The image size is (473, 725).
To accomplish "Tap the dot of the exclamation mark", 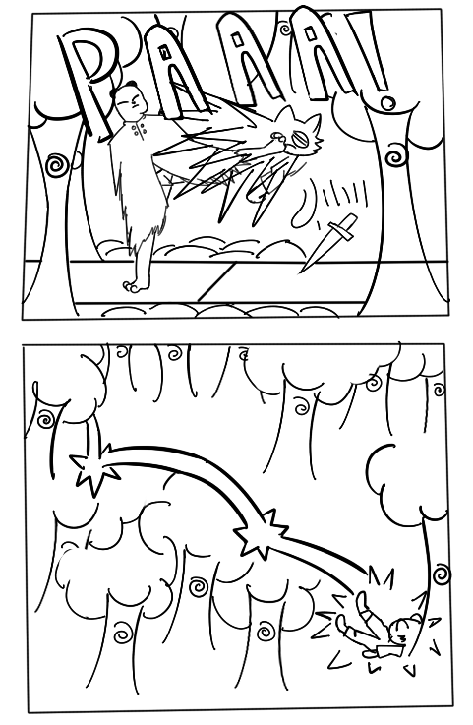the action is pyautogui.click(x=386, y=102).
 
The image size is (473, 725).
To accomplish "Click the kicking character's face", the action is pyautogui.click(x=128, y=102).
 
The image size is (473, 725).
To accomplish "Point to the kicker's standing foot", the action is pyautogui.click(x=135, y=285).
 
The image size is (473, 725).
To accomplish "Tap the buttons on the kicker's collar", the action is pyautogui.click(x=138, y=129).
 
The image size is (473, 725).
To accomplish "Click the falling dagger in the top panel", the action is pyautogui.click(x=329, y=243).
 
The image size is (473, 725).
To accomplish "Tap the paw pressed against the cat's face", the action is pyautogui.click(x=278, y=139).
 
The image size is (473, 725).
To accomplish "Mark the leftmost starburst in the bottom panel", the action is pyautogui.click(x=94, y=468).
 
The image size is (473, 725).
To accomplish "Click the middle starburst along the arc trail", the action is pyautogui.click(x=263, y=532).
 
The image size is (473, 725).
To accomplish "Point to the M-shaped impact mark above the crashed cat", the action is pyautogui.click(x=381, y=576).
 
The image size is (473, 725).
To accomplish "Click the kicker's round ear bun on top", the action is pyautogui.click(x=132, y=84).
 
